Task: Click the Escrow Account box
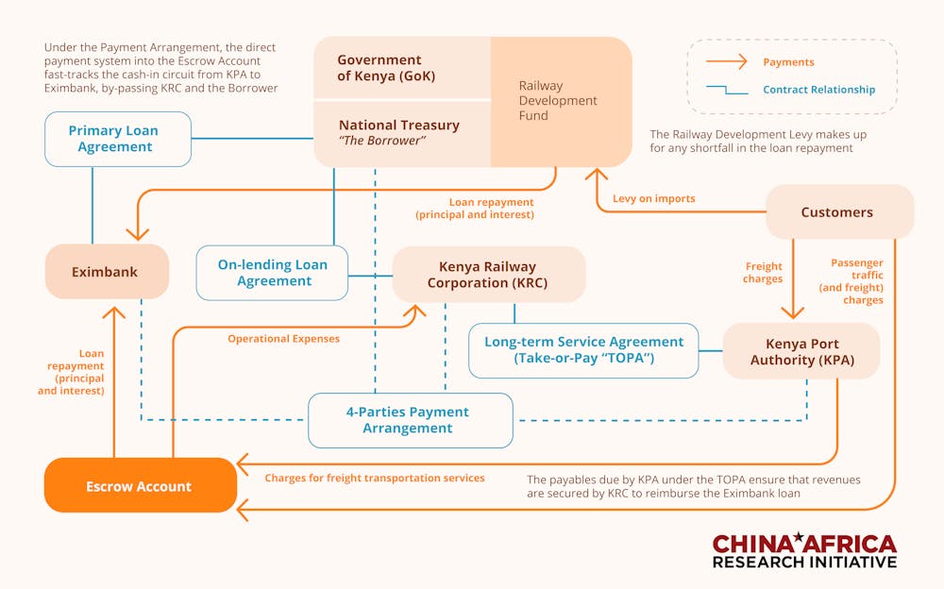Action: [x=140, y=486]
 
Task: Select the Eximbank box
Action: [x=106, y=272]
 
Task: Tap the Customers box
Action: [x=837, y=212]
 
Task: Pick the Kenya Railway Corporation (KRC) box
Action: [x=487, y=275]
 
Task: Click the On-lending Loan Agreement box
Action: [x=273, y=273]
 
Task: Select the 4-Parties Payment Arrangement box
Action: [x=409, y=420]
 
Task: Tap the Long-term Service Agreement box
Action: [x=583, y=350]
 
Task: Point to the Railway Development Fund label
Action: [x=558, y=101]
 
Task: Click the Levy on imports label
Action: [x=653, y=198]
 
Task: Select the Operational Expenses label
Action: [x=283, y=338]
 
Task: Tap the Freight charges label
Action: [x=763, y=273]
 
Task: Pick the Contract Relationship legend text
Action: [x=818, y=90]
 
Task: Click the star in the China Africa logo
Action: [x=799, y=538]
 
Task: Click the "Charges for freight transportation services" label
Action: [x=375, y=479]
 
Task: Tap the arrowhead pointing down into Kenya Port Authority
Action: [x=792, y=314]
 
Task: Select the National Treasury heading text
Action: [x=399, y=125]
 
